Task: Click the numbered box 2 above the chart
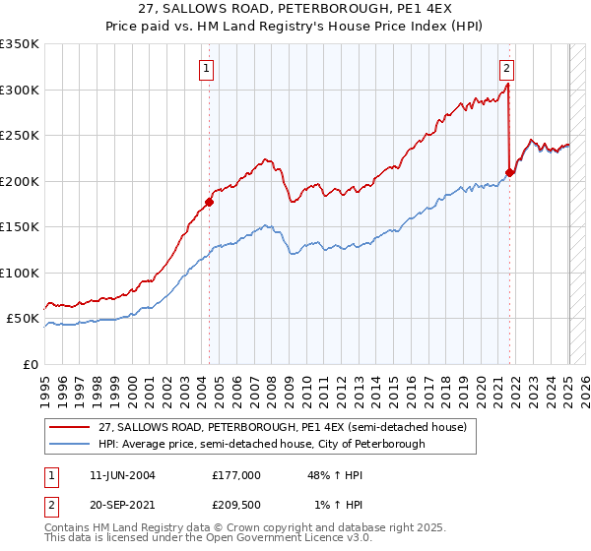(505, 69)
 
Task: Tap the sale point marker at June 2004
(209, 203)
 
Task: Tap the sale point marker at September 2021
(509, 173)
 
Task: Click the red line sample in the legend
(71, 427)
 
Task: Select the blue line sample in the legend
(71, 444)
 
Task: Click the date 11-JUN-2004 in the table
(121, 475)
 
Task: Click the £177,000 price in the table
(235, 475)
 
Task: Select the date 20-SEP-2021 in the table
(121, 505)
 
